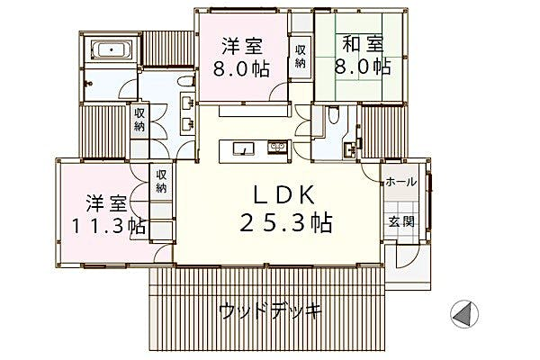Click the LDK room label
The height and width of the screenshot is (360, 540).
coord(284,195)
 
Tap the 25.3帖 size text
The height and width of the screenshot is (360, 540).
coord(285,222)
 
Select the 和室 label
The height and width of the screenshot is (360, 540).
coord(363,44)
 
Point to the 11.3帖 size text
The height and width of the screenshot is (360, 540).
coord(108,226)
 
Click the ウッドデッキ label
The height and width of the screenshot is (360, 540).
coord(270,311)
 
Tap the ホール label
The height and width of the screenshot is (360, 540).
coord(400,182)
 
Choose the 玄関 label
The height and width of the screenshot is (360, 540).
coord(401,221)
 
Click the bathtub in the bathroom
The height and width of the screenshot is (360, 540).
coord(112,50)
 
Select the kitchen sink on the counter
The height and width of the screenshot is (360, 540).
coord(244,148)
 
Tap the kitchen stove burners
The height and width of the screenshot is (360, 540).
coord(277,147)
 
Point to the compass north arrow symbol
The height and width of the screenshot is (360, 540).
coord(464,314)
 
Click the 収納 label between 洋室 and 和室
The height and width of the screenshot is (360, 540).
coord(301,56)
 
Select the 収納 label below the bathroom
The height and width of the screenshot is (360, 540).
coord(139,119)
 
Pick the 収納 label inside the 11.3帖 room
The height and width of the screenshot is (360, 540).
coord(161,181)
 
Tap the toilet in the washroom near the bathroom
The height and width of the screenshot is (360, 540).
coord(186,82)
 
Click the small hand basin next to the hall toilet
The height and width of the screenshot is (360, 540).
coord(350,149)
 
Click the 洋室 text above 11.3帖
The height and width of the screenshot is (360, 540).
coord(106,203)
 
